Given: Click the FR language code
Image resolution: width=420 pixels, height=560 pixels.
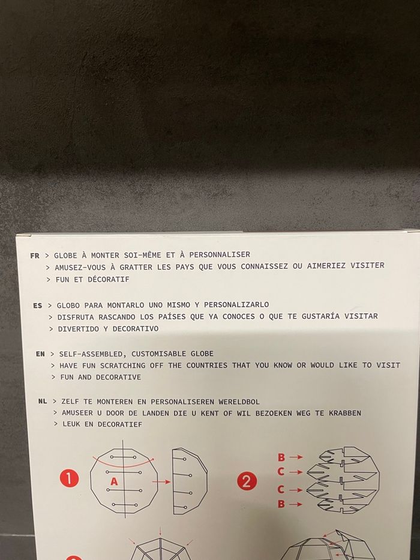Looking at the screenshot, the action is pos(35,256).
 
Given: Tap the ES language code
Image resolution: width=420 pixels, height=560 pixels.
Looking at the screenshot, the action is pos(37,306).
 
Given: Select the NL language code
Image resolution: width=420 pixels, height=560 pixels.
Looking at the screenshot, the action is pos(43,402).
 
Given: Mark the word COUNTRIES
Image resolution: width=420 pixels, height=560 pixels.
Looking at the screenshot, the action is pos(207,366).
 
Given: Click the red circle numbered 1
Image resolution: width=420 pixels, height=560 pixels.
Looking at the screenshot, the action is pos(69,478).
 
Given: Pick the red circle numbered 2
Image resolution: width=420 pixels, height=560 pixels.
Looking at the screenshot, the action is pos(247,481).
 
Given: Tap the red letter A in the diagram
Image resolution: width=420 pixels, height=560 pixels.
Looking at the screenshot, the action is pos(114,481).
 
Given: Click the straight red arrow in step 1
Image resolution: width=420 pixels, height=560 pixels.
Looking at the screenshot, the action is pos(161,482).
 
